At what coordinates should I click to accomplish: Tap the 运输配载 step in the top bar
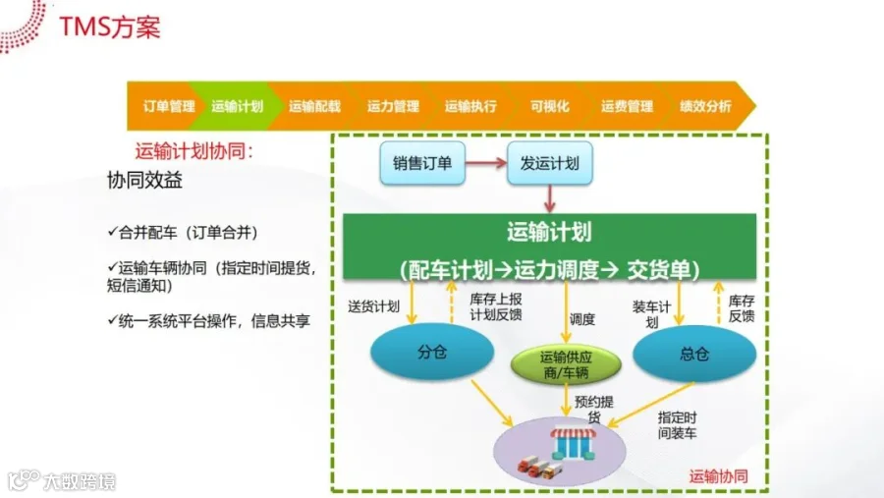pos(314,106)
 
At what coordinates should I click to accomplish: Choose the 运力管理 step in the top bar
pos(393,106)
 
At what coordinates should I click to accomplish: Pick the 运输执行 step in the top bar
pos(470,106)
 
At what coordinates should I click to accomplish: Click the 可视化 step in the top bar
pos(549,106)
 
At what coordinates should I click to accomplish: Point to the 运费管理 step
pos(627,106)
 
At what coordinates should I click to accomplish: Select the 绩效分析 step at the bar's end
pos(705,106)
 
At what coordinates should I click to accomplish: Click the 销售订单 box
pos(422,164)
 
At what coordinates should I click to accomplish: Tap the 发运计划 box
pos(550,164)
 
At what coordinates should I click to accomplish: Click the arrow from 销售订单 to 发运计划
pos(486,164)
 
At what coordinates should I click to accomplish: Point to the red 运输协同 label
pos(719,475)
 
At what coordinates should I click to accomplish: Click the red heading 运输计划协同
pos(194,151)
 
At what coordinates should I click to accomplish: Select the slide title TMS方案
pos(109,27)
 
